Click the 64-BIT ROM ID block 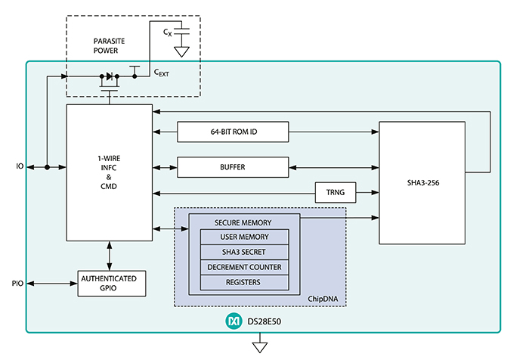(233, 132)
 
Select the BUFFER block (233, 166)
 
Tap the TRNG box (335, 193)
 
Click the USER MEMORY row (244, 237)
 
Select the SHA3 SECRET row (244, 252)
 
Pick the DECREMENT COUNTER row (244, 267)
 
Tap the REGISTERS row (244, 282)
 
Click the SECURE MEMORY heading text (243, 222)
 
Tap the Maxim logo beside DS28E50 (234, 321)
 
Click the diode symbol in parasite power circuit (110, 76)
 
